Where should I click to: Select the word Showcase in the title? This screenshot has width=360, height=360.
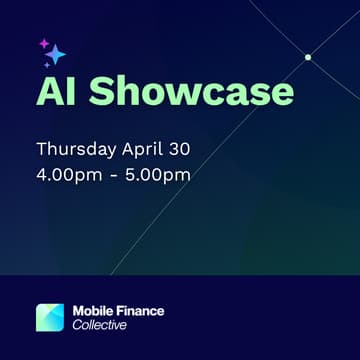190,91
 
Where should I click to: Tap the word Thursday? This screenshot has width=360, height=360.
78,150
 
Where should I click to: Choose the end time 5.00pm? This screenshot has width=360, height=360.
158,175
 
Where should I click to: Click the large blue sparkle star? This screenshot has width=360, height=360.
55,54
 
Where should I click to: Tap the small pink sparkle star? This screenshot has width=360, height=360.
43,44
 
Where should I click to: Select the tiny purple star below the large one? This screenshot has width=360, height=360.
46,65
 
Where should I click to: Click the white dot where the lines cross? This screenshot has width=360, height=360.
308,57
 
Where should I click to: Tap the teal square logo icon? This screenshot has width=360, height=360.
50,317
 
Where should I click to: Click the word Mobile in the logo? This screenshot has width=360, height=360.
95,311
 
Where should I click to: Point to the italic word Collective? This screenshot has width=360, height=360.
100,326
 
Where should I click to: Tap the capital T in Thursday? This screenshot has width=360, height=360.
41,150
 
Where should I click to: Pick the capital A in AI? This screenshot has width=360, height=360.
48,91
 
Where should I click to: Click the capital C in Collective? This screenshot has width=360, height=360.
77,326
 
